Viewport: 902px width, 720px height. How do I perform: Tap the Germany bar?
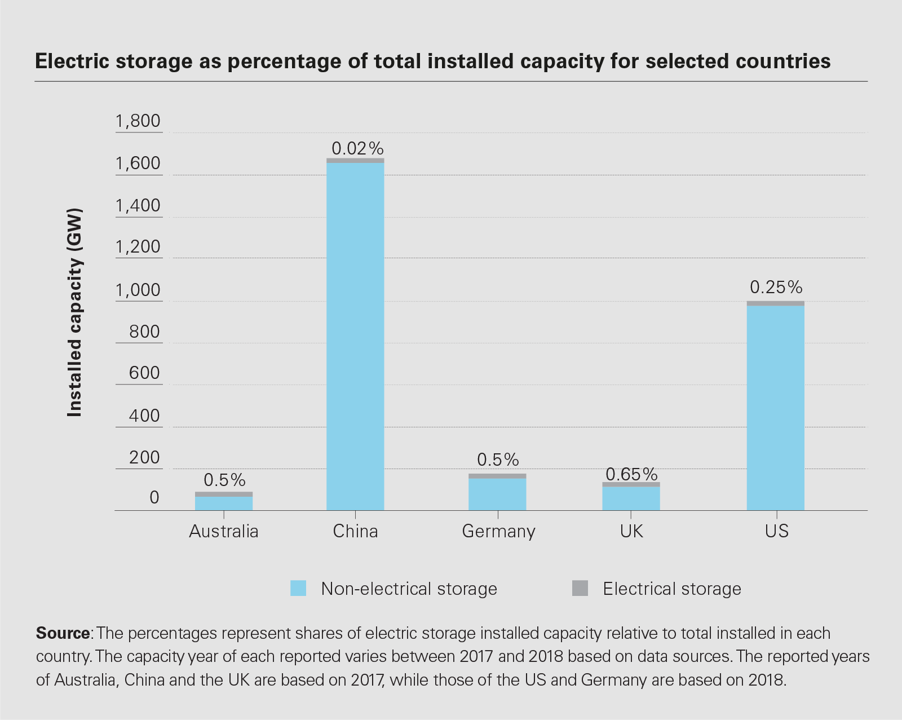pos(497,494)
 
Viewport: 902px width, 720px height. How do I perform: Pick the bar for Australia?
pos(224,502)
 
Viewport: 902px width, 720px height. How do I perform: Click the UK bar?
pos(631,498)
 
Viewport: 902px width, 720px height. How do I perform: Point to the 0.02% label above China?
pos(357,148)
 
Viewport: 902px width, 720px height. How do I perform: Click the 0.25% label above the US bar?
pos(776,288)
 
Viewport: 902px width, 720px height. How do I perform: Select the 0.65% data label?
pos(631,474)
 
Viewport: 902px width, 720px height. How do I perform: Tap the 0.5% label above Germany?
pos(498,460)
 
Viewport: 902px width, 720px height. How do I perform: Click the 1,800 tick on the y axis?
pos(138,121)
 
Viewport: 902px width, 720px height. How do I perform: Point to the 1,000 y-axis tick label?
pos(138,290)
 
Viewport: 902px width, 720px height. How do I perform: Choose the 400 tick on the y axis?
pos(144,416)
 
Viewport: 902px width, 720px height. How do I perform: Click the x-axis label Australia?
pos(224,531)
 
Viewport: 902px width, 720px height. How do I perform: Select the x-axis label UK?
pos(631,531)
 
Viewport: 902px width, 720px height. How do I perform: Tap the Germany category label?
pos(498,531)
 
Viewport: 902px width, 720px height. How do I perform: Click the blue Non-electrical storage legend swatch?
pos(298,588)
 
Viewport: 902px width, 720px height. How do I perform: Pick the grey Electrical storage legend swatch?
pos(580,588)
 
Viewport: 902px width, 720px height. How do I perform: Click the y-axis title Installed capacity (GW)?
pos(74,313)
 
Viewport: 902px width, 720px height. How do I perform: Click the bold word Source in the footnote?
pos(63,633)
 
